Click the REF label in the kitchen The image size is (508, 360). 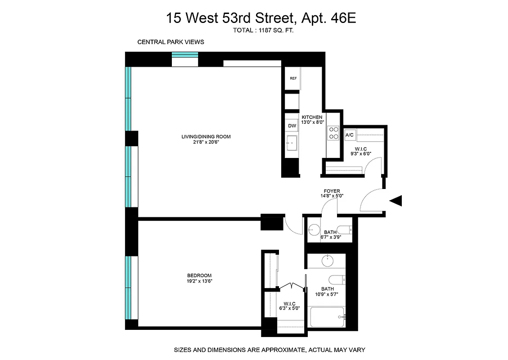pos(293,78)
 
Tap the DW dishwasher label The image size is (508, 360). pos(292,126)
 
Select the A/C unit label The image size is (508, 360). pos(349,135)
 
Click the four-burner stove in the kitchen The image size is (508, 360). pos(334,133)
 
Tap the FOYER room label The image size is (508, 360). pos(332,191)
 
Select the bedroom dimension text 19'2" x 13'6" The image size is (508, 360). pos(199,281)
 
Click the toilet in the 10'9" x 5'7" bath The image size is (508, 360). pos(337,279)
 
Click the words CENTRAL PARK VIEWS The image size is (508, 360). pos(171,42)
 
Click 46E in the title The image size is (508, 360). pos(345,18)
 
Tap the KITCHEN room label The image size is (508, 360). pos(312,117)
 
